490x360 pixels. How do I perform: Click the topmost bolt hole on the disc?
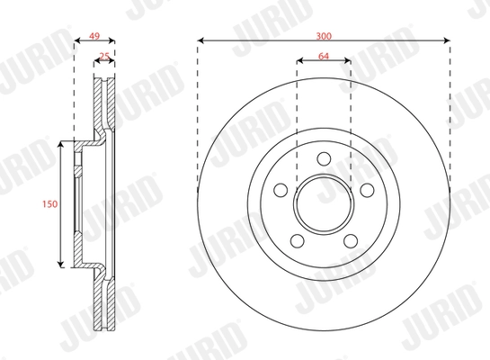click(324, 162)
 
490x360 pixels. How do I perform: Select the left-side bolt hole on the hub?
click(281, 191)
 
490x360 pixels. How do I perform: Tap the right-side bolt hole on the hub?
click(366, 191)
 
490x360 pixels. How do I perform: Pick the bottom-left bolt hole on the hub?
click(298, 241)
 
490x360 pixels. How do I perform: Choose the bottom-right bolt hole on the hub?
click(350, 241)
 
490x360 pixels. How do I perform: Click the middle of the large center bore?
click(324, 205)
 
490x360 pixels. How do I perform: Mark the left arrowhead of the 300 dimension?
click(200, 40)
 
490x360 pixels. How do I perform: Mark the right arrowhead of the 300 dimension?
click(446, 40)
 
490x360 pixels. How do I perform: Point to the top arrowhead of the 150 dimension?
click(60, 144)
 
